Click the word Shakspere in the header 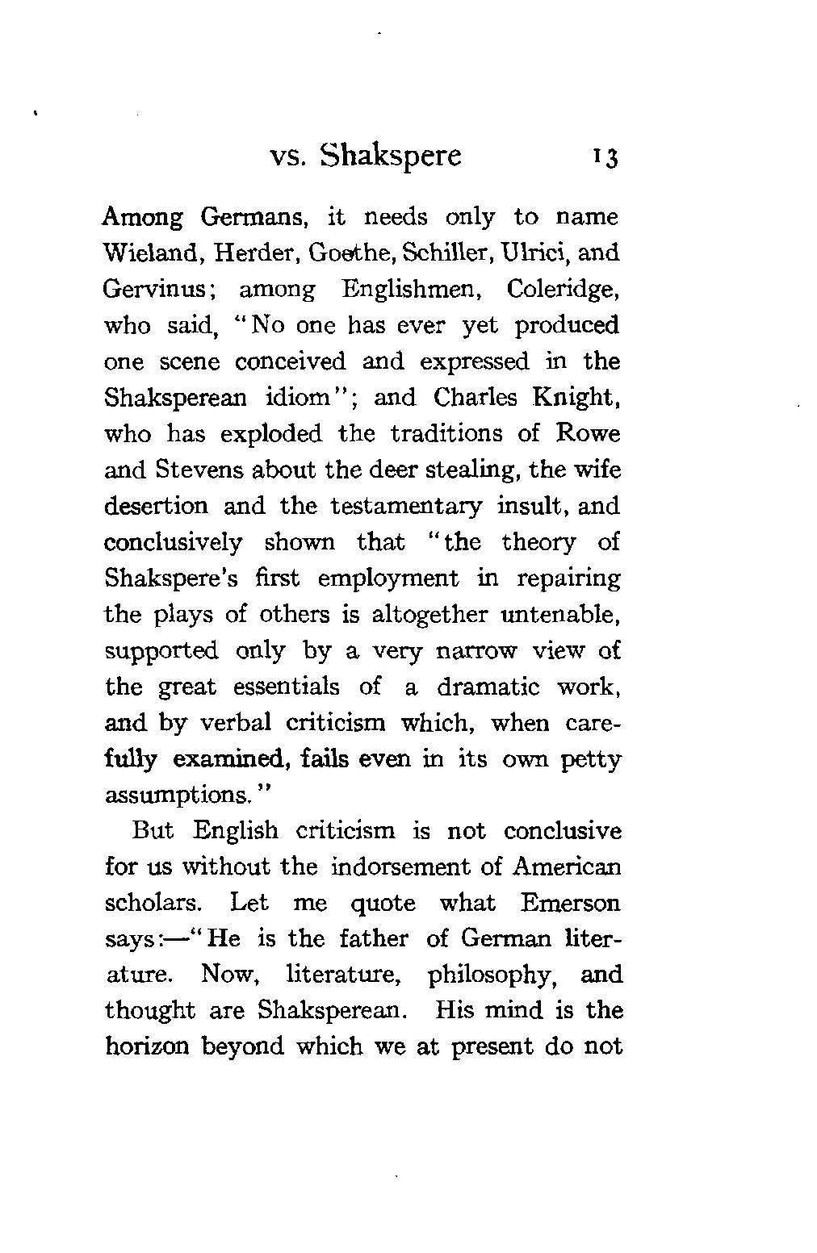point(391,154)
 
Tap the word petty point(592,760)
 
